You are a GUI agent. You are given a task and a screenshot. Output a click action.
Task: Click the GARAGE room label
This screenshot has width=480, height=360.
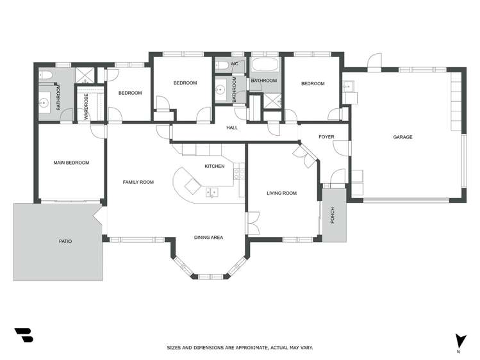(402, 137)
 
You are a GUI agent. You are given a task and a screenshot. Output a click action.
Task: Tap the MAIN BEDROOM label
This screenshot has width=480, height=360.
(71, 163)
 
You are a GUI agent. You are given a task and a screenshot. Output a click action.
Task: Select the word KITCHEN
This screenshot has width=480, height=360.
(215, 166)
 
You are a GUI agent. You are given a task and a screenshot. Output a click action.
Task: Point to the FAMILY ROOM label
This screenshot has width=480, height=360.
(138, 182)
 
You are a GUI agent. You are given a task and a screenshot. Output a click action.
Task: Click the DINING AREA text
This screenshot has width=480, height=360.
(208, 238)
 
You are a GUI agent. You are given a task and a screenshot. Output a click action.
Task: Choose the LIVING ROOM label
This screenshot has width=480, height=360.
(281, 193)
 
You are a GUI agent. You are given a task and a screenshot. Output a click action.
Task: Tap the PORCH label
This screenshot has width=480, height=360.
(333, 215)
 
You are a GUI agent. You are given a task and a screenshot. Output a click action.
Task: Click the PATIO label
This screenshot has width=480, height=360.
(65, 241)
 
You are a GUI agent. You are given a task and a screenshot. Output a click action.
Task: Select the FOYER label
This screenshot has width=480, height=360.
(326, 136)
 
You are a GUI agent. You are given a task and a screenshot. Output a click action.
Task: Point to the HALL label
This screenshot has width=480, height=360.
(232, 127)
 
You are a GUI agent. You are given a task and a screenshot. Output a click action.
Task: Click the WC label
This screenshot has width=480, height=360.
(234, 64)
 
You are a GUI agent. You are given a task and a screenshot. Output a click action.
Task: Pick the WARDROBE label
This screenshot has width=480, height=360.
(86, 107)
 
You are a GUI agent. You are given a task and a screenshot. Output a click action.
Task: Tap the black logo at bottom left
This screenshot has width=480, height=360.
(24, 335)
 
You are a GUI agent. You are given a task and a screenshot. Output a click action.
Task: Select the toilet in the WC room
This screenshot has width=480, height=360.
(222, 65)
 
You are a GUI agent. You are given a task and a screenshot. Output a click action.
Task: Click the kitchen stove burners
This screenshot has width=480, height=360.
(239, 174)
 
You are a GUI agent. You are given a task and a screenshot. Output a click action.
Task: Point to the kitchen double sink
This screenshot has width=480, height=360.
(212, 192)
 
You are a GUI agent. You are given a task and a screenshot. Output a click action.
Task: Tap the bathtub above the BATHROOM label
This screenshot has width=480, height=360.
(265, 64)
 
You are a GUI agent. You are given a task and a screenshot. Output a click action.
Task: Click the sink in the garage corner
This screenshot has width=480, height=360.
(349, 86)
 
